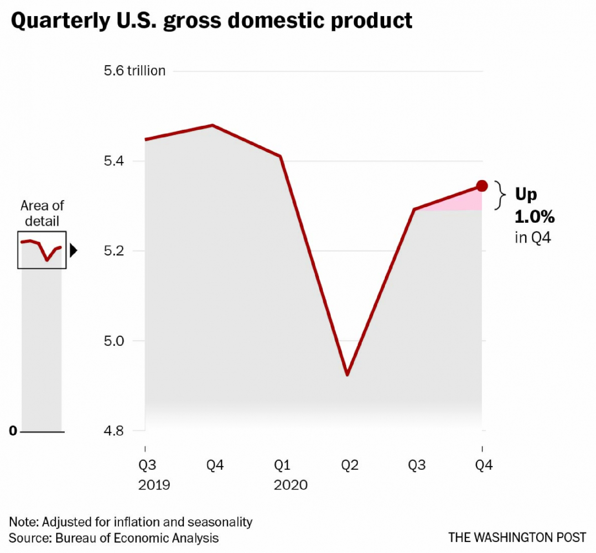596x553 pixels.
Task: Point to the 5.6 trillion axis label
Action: [134, 71]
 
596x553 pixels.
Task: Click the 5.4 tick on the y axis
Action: [114, 161]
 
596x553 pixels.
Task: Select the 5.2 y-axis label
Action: [114, 251]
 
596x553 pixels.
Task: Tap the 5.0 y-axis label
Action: [114, 341]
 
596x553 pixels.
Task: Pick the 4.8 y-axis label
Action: [114, 431]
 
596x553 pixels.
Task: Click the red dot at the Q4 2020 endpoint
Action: [482, 186]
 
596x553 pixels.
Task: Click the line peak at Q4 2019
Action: [213, 125]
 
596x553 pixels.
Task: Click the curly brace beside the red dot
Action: [499, 195]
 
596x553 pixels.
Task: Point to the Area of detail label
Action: [42, 213]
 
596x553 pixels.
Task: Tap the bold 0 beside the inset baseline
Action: [13, 431]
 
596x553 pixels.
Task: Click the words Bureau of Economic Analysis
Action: [137, 538]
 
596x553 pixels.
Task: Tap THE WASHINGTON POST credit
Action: [517, 538]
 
